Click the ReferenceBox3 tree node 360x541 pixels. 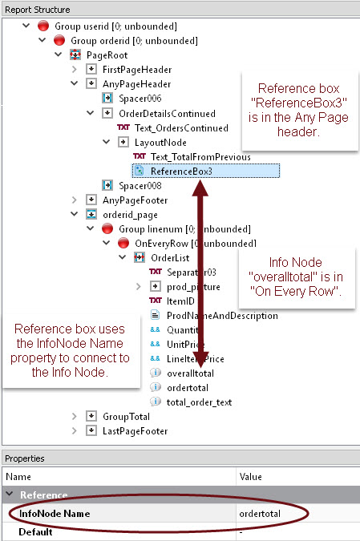click(180, 171)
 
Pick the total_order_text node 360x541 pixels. click(199, 402)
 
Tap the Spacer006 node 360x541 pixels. click(143, 99)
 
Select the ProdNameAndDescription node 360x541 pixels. click(222, 315)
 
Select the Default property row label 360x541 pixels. click(35, 531)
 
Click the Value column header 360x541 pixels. click(252, 477)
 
